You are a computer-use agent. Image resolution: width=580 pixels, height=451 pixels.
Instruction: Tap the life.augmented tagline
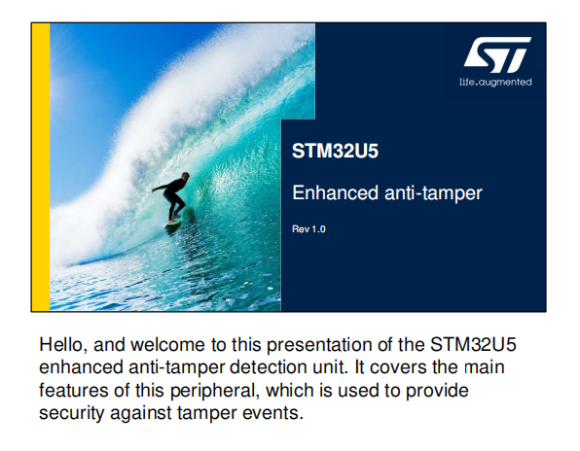pyautogui.click(x=495, y=82)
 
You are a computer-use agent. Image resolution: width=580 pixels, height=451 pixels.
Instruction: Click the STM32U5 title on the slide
pyautogui.click(x=335, y=151)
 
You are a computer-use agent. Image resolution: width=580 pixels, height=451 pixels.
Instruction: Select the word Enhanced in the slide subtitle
pyautogui.click(x=336, y=192)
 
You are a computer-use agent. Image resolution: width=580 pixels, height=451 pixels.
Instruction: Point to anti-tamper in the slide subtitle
pyautogui.click(x=433, y=193)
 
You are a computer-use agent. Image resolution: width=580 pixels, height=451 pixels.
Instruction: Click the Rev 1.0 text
pyautogui.click(x=308, y=229)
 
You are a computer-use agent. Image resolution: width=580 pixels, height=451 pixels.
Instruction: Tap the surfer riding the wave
pyautogui.click(x=172, y=197)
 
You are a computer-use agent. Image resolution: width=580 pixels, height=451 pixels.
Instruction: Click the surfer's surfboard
pyautogui.click(x=173, y=223)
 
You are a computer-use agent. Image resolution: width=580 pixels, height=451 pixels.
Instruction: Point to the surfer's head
pyautogui.click(x=185, y=177)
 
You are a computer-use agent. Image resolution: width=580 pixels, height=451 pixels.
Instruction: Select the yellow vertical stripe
pyautogui.click(x=41, y=167)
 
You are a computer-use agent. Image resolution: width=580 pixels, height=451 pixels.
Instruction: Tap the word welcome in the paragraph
pyautogui.click(x=167, y=345)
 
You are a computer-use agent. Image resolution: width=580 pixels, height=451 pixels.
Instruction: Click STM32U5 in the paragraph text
pyautogui.click(x=473, y=345)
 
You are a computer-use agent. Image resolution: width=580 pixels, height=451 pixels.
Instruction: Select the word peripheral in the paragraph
pyautogui.click(x=214, y=391)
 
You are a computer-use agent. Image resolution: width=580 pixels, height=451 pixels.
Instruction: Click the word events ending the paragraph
pyautogui.click(x=273, y=413)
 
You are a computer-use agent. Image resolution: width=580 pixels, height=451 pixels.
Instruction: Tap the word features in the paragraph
pyautogui.click(x=74, y=390)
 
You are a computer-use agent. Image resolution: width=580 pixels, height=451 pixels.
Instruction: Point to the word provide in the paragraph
pyautogui.click(x=437, y=391)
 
